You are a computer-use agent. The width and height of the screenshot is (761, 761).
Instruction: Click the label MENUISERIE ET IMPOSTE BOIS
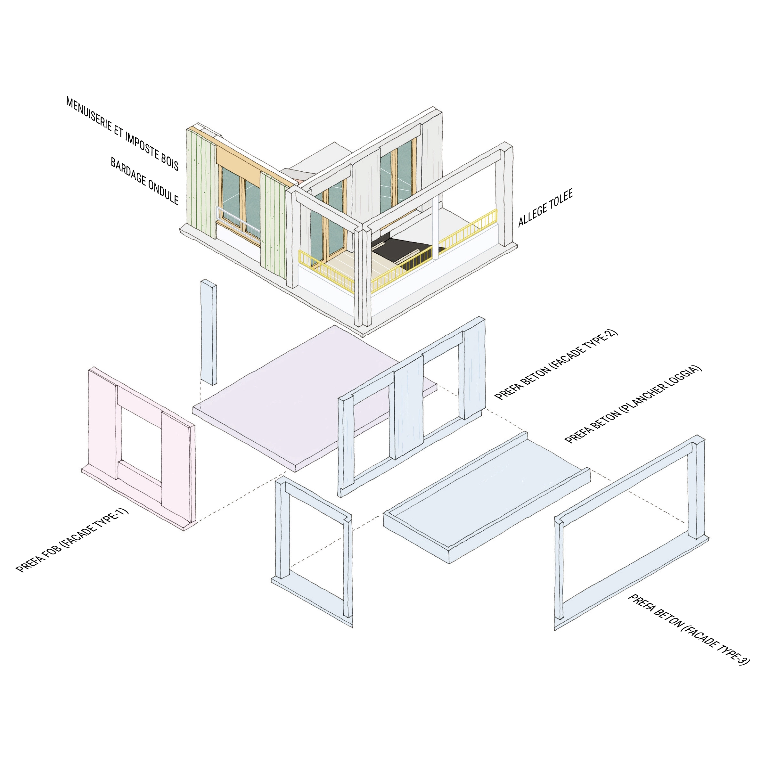[122, 134]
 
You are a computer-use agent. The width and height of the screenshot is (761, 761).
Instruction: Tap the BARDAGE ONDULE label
[144, 182]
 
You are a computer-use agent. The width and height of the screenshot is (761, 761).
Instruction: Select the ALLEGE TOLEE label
[545, 208]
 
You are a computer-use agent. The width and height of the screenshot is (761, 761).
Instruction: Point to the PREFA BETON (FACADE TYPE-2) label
[556, 365]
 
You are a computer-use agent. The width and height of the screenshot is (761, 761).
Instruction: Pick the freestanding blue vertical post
[209, 332]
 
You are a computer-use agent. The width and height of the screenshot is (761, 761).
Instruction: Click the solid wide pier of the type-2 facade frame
[409, 406]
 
